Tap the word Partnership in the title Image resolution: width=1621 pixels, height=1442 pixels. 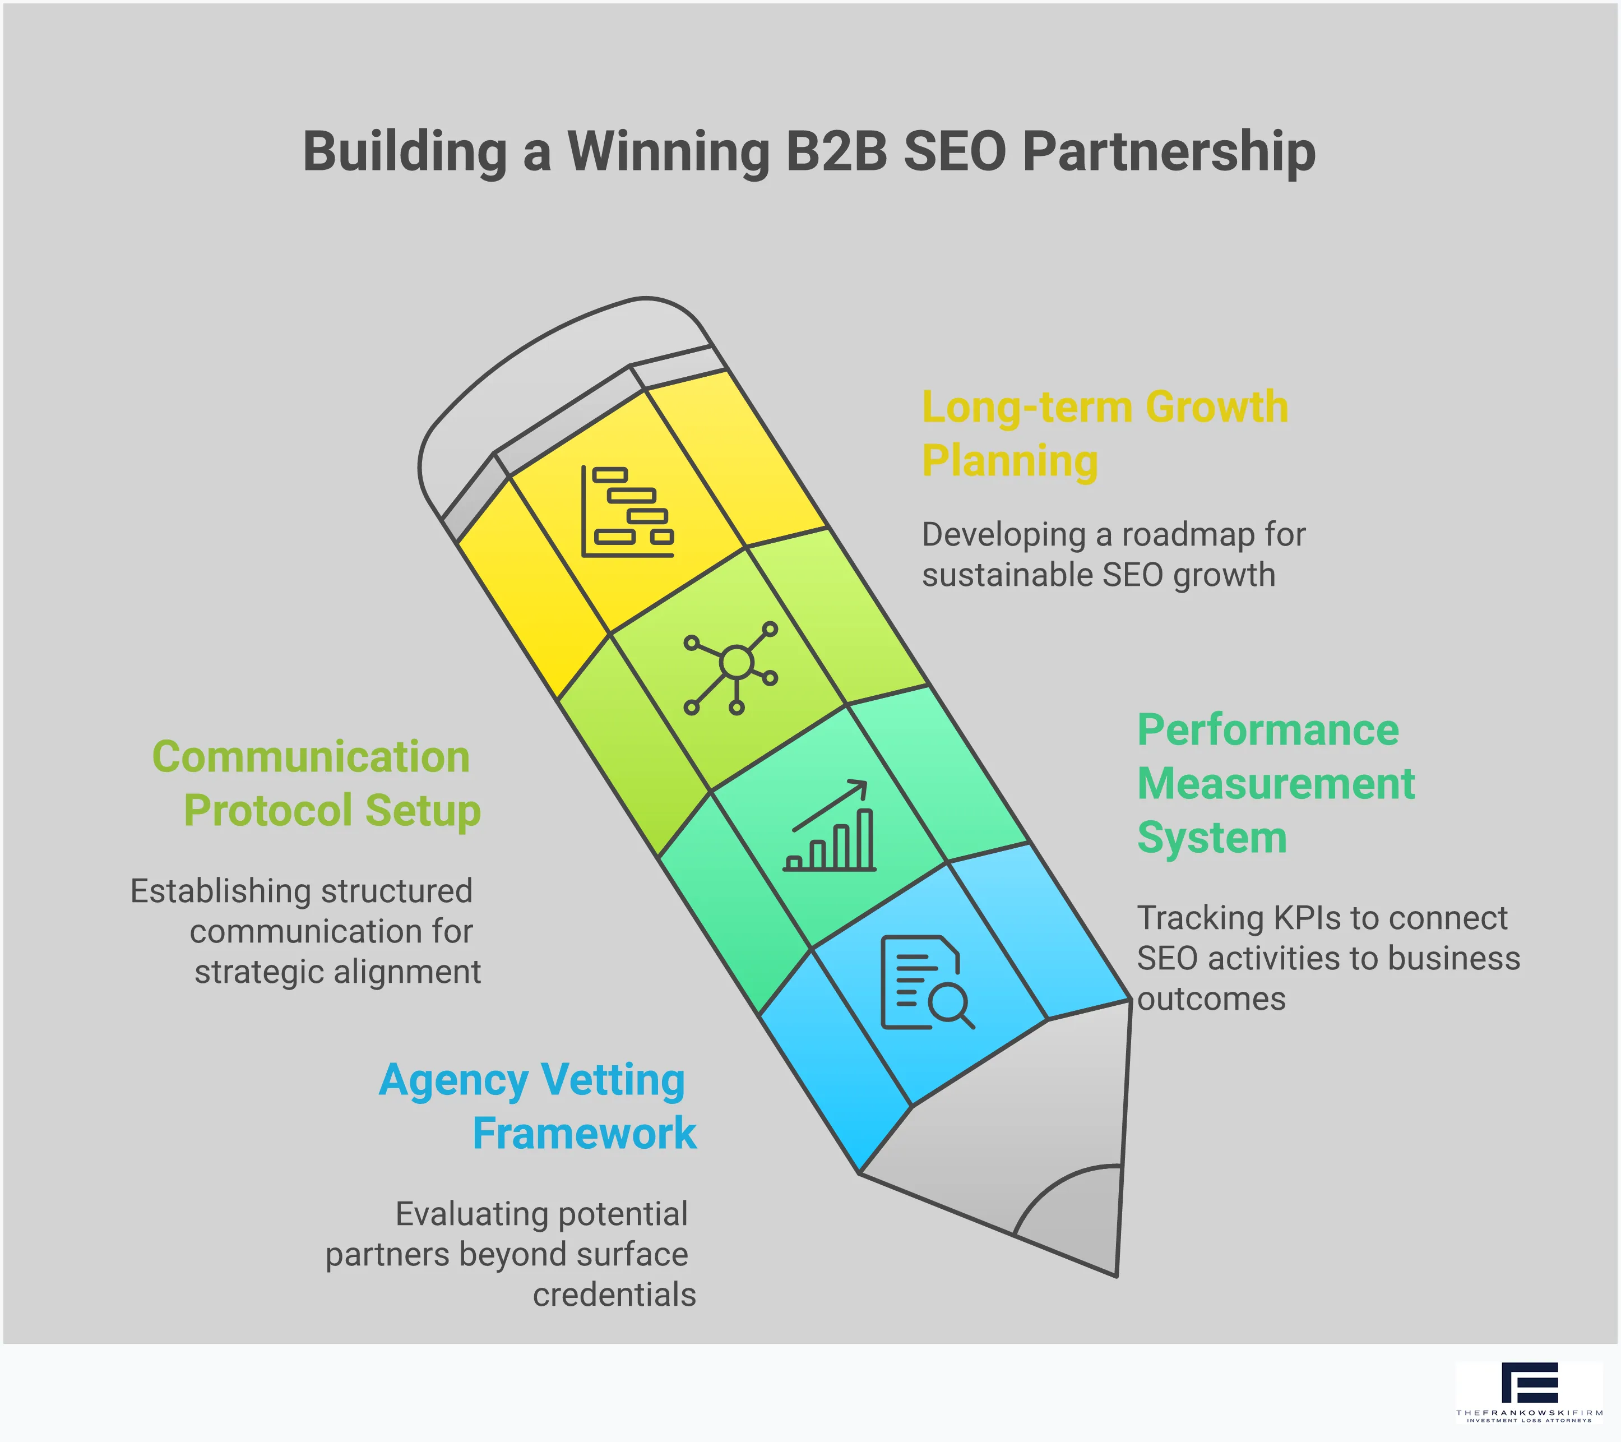tap(1169, 152)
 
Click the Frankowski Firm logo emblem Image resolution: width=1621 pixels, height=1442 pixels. tap(1529, 1383)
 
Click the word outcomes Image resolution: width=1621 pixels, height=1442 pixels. tap(1211, 999)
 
